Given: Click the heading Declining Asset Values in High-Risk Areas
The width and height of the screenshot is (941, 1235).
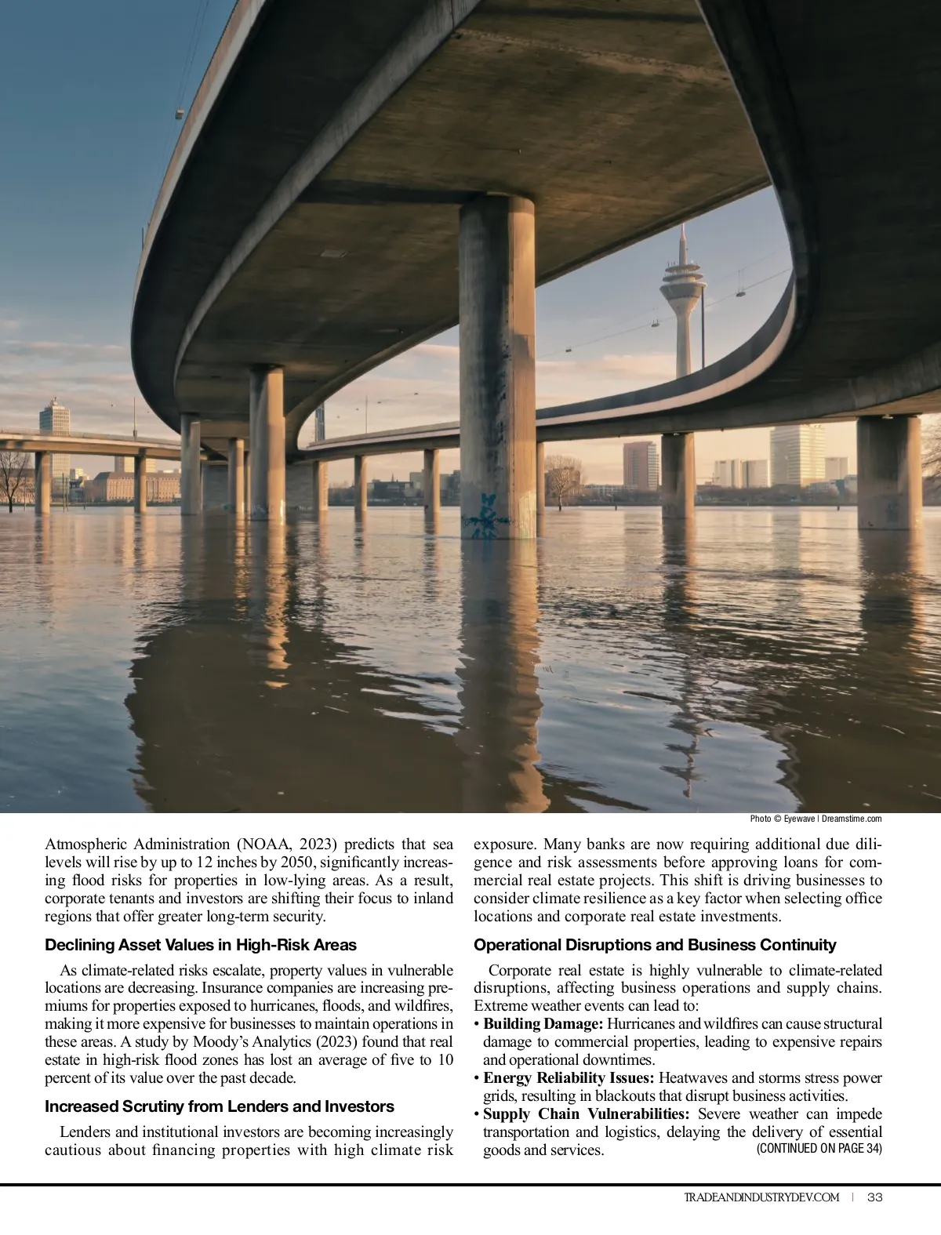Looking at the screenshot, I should tap(201, 945).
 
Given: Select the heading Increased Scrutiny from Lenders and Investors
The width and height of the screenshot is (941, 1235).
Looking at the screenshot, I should tap(220, 1106).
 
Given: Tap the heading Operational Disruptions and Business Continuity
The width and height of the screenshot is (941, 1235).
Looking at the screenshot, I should tap(655, 945).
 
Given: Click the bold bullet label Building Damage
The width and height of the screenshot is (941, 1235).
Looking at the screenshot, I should tap(543, 1024).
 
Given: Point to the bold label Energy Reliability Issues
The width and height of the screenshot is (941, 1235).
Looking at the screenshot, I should tap(569, 1078).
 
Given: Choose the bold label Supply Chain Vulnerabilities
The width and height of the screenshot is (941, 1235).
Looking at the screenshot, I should tap(587, 1114).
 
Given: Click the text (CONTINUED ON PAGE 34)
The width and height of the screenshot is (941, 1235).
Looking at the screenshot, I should tap(819, 1149).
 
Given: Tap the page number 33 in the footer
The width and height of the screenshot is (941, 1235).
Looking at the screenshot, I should tap(876, 1197).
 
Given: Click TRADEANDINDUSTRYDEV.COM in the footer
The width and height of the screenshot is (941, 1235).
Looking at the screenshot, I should tap(761, 1197).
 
